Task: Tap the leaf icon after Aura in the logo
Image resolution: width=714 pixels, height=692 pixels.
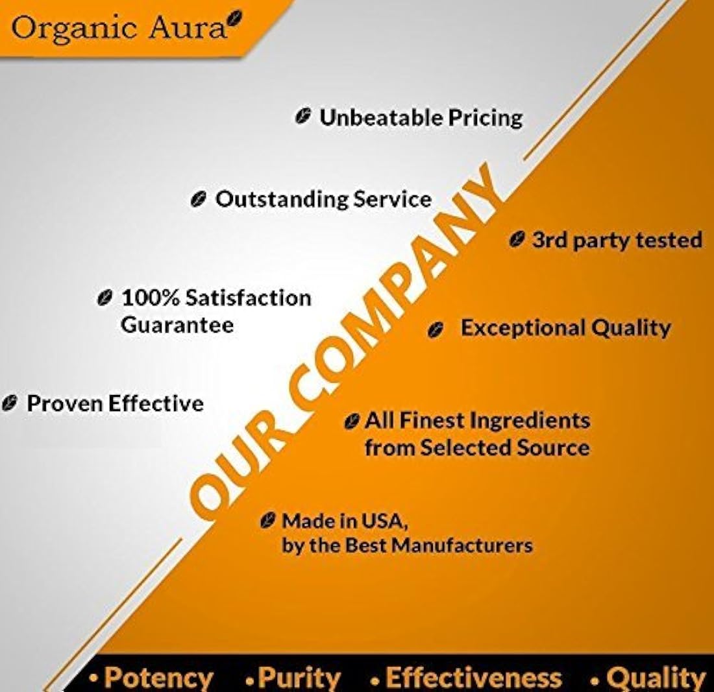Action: click(x=235, y=19)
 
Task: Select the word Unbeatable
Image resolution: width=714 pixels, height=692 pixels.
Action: click(x=380, y=117)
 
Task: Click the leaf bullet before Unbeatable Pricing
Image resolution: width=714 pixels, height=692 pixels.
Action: click(x=303, y=116)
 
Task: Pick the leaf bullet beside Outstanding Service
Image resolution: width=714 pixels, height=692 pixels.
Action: click(x=199, y=199)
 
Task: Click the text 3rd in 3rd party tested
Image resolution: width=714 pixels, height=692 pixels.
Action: click(x=550, y=240)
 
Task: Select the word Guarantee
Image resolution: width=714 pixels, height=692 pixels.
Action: click(x=177, y=325)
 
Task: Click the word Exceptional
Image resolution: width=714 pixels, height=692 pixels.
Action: click(x=523, y=328)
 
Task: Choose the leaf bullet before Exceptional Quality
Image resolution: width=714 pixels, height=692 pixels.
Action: click(x=436, y=329)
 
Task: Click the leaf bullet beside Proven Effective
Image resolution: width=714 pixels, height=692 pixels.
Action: click(x=10, y=403)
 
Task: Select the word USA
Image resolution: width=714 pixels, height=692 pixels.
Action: click(x=383, y=521)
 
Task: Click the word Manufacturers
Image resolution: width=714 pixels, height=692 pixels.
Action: click(x=463, y=545)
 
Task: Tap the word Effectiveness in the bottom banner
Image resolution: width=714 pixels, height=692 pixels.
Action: click(x=474, y=678)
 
